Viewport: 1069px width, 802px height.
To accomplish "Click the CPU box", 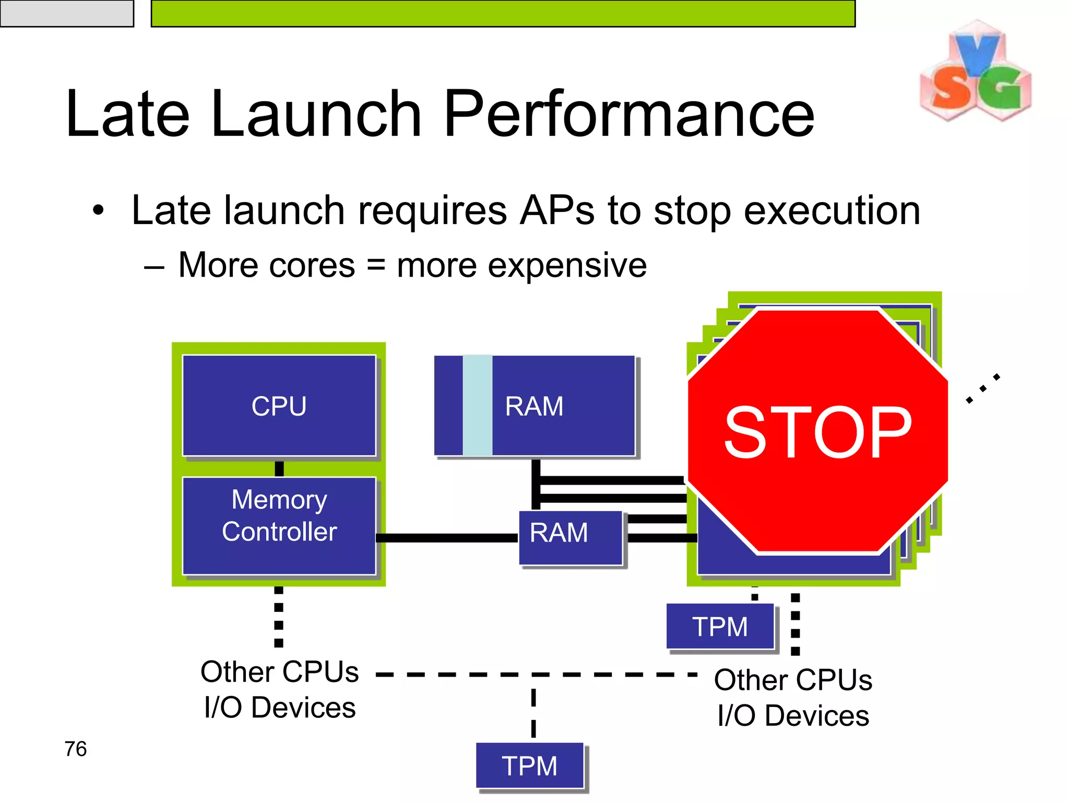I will pyautogui.click(x=279, y=406).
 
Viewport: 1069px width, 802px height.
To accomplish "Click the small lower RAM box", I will pyautogui.click(x=570, y=538).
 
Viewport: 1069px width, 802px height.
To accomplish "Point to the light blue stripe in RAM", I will pyautogui.click(x=477, y=406).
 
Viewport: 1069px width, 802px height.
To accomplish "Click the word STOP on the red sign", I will pyautogui.click(x=817, y=432).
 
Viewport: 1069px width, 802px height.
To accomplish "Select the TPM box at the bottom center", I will pyautogui.click(x=529, y=765).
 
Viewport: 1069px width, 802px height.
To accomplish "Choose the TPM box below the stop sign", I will pyautogui.click(x=720, y=626).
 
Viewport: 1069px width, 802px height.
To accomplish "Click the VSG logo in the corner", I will pyautogui.click(x=975, y=72).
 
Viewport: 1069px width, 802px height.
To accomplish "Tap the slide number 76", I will pyautogui.click(x=76, y=749).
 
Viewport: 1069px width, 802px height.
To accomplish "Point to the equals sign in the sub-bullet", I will pyautogui.click(x=376, y=265).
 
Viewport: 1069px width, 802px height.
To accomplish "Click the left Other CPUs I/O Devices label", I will pyautogui.click(x=280, y=689).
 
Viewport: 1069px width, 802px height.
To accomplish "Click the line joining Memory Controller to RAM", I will pyautogui.click(x=446, y=538).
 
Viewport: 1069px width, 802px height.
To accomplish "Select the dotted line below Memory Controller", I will pyautogui.click(x=279, y=616).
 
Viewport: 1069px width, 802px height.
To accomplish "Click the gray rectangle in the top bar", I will pyautogui.click(x=66, y=13).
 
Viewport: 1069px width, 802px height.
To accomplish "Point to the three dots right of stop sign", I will pyautogui.click(x=982, y=388).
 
